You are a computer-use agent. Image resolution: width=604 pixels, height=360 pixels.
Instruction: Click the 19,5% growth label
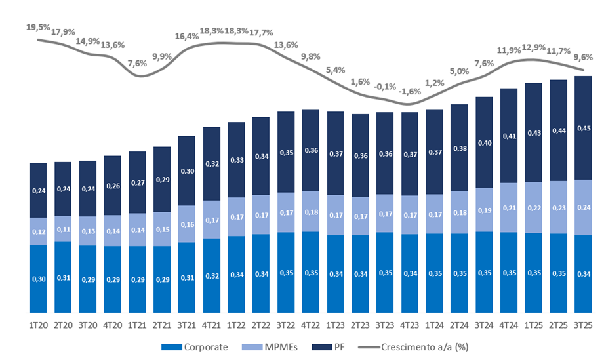[x=38, y=28]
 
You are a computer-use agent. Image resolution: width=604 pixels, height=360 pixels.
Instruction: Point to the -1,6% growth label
[x=409, y=92]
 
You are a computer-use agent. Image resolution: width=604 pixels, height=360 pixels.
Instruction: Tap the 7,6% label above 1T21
[x=137, y=64]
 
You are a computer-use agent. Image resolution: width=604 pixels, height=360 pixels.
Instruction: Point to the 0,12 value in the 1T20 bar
[x=38, y=231]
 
